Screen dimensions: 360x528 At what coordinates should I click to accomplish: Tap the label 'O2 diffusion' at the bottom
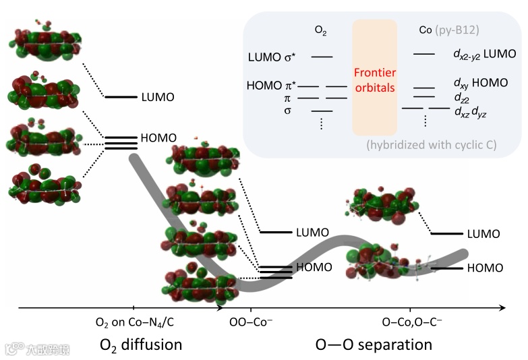(141, 344)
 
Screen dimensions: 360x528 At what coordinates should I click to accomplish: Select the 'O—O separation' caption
(374, 344)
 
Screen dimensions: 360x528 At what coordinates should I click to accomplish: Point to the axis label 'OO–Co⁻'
(252, 323)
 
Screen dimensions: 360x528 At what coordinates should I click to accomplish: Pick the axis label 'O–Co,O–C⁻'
(412, 323)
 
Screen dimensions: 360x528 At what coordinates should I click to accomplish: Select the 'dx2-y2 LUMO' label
(484, 53)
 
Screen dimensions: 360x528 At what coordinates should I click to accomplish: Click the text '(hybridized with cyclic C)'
(432, 144)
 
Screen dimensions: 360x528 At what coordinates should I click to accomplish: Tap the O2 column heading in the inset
(321, 30)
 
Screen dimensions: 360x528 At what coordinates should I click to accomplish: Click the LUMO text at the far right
(483, 234)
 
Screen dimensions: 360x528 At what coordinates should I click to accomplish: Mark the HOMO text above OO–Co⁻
(314, 267)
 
